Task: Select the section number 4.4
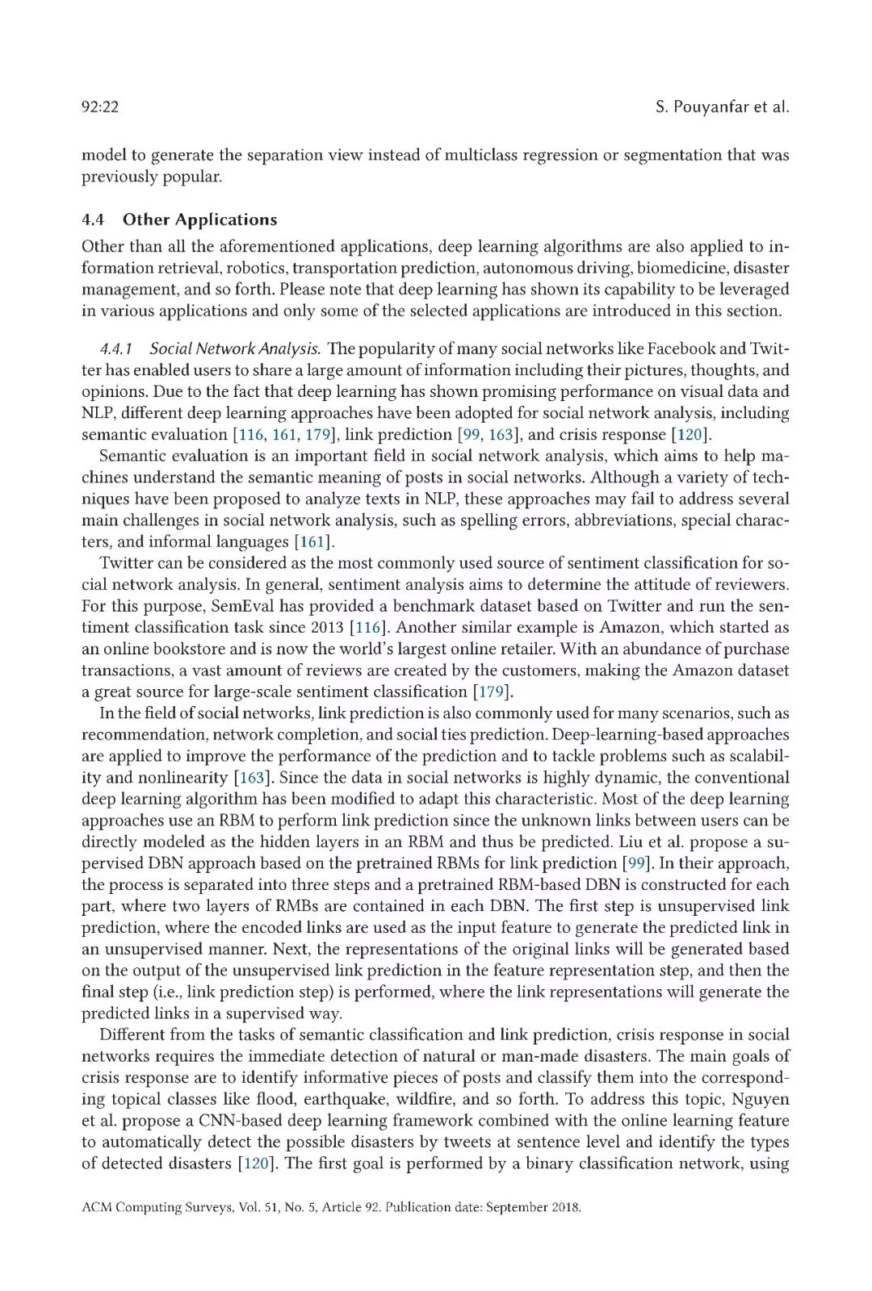(x=92, y=219)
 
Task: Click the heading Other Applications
(x=199, y=219)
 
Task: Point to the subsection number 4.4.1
(x=115, y=349)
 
